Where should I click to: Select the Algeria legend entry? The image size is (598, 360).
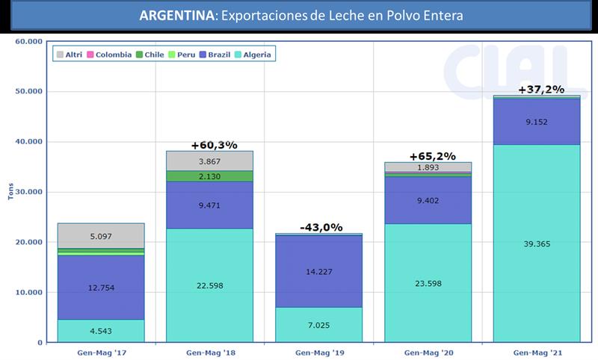tap(253, 55)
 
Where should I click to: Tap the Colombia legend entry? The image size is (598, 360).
tap(111, 55)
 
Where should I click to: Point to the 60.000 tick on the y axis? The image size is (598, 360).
tap(28, 41)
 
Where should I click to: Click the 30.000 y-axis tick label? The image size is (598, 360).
tap(28, 192)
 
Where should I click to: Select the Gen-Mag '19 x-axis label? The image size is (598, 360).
tap(320, 351)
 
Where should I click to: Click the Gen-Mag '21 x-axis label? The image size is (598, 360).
tap(537, 351)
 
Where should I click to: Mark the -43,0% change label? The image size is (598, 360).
tap(321, 227)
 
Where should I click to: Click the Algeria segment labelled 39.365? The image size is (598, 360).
tap(537, 243)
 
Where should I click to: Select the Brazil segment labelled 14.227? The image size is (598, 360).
tap(320, 271)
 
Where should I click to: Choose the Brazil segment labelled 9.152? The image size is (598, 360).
tap(537, 122)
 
